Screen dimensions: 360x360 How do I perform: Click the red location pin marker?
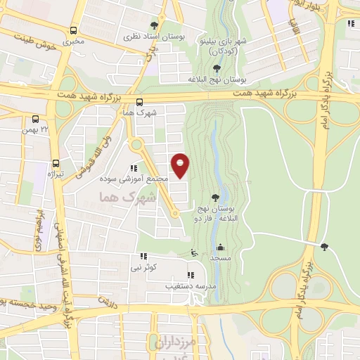click(181, 166)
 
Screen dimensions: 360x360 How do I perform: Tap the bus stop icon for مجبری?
click(74, 30)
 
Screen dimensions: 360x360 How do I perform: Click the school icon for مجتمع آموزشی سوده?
click(134, 168)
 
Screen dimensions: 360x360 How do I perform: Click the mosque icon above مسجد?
click(221, 247)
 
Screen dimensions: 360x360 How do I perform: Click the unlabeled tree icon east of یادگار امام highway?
click(323, 246)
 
